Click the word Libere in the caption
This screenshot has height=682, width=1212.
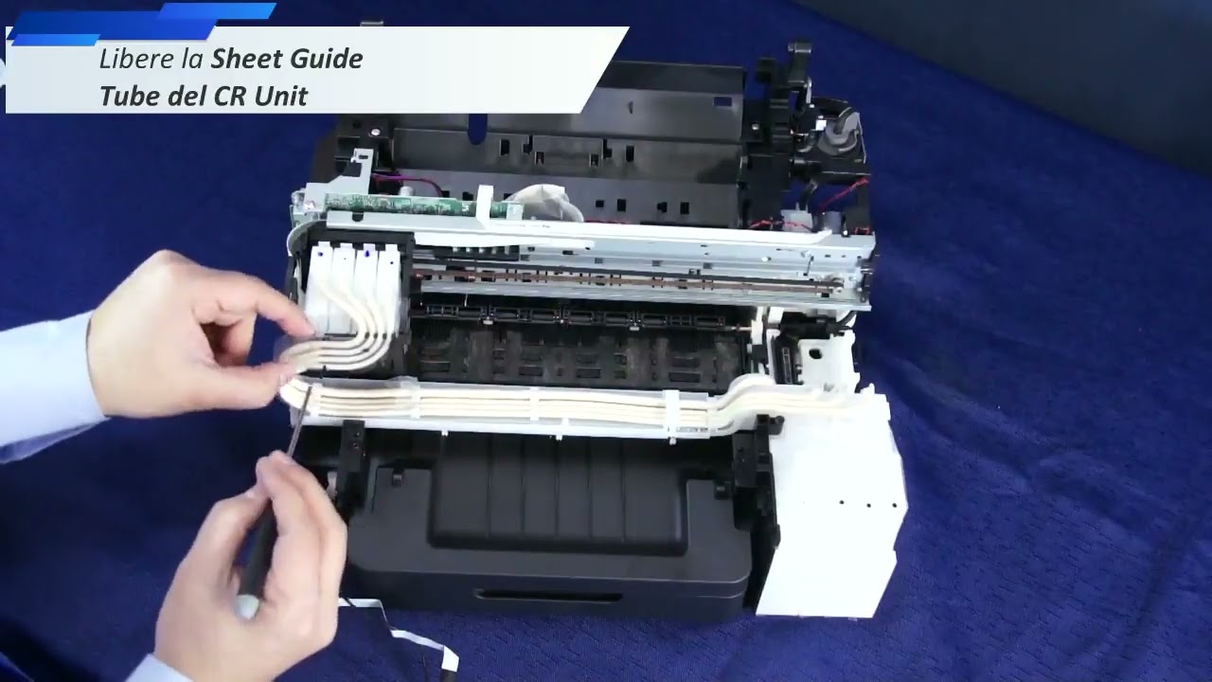[x=133, y=60]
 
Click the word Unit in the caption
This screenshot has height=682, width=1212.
[x=281, y=96]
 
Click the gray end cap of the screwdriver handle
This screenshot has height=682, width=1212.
[x=247, y=607]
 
